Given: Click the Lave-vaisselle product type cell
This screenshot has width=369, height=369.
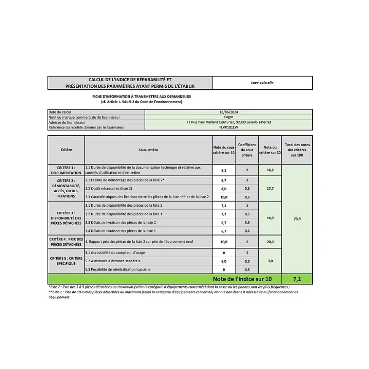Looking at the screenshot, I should [262, 82].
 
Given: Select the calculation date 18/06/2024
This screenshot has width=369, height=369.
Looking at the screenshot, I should [229, 112].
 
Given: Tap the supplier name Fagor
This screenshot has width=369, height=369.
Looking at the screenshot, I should [229, 117].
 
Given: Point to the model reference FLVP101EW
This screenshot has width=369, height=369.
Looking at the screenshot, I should [229, 127].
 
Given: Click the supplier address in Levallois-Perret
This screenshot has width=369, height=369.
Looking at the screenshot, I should [229, 122].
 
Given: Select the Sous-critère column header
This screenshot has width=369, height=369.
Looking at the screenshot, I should [148, 150].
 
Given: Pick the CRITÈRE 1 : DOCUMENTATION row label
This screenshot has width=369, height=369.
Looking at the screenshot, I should [66, 170].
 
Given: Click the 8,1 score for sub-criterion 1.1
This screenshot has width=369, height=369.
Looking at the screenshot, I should [224, 170].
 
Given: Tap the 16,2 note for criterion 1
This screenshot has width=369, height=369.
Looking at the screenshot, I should [270, 170].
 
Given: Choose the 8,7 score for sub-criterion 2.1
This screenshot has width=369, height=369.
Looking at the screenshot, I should [224, 180].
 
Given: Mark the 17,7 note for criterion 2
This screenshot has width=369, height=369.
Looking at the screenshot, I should [270, 188].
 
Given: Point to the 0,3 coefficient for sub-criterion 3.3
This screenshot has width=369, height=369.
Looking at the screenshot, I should [247, 222].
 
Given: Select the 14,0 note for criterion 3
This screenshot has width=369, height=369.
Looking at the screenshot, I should [270, 218].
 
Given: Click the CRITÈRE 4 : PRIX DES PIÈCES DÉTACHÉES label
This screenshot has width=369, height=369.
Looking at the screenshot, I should [66, 242].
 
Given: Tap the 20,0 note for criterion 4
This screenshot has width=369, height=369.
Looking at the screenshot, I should [270, 242].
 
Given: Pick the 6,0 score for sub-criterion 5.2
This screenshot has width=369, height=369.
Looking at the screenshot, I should [224, 261].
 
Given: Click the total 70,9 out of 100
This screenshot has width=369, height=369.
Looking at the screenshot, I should [297, 219].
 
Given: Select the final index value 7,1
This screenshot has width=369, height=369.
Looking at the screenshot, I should [297, 279].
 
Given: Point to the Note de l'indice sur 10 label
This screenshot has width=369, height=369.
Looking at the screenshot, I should [242, 279].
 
